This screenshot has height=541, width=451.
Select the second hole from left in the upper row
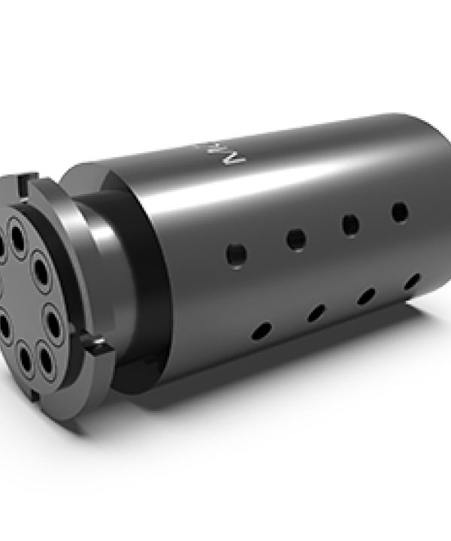[296, 240]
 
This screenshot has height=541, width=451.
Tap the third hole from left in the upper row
[350, 224]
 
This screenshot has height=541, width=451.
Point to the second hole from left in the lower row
[316, 311]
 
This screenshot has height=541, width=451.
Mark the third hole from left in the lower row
[366, 295]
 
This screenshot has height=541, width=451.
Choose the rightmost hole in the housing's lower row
[410, 281]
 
